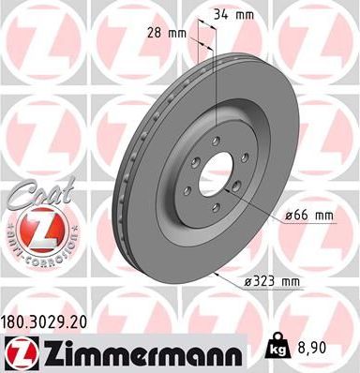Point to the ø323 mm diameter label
point(274,281)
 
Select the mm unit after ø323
point(292,281)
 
